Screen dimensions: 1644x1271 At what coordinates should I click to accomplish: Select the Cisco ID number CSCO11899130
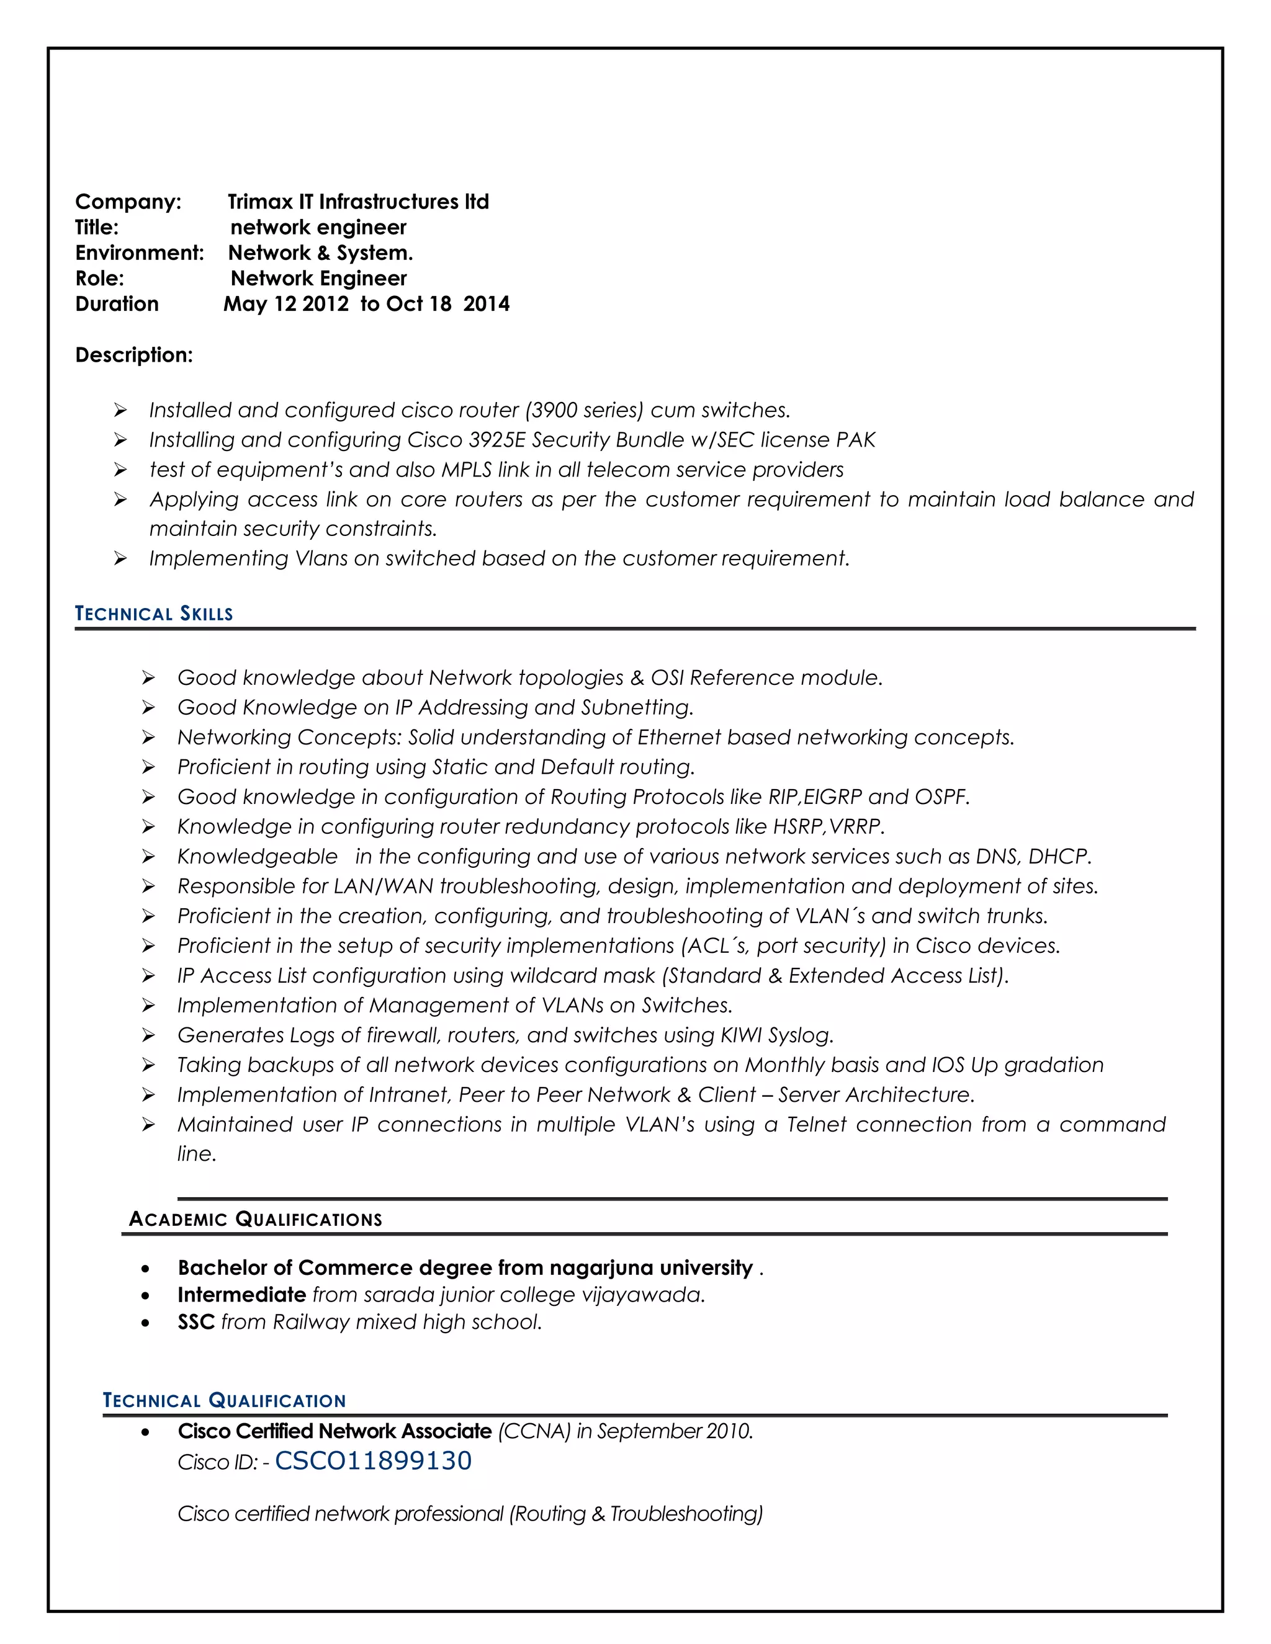pyautogui.click(x=373, y=1460)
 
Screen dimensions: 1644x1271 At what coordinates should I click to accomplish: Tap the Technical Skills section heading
pyautogui.click(x=154, y=614)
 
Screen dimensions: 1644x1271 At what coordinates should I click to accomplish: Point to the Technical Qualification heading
pyautogui.click(x=225, y=1400)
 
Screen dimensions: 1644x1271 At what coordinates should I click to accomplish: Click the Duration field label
pyautogui.click(x=117, y=303)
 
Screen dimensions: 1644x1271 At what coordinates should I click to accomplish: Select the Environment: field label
pyautogui.click(x=139, y=253)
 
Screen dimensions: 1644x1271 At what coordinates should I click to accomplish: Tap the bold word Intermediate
pyautogui.click(x=241, y=1295)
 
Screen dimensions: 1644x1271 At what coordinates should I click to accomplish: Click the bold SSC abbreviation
pyautogui.click(x=195, y=1322)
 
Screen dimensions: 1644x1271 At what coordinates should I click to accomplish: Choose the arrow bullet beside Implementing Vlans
pyautogui.click(x=120, y=558)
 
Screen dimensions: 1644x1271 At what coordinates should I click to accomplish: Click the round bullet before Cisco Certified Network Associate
pyautogui.click(x=145, y=1432)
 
